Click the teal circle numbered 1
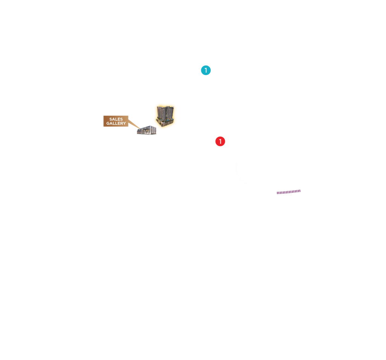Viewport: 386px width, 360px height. pyautogui.click(x=206, y=70)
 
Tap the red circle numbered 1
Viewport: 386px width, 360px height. pyautogui.click(x=220, y=142)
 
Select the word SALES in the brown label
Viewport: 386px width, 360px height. pyautogui.click(x=116, y=119)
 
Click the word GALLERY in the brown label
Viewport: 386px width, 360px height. pyautogui.click(x=116, y=124)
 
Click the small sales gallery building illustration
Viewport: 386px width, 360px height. pyautogui.click(x=146, y=130)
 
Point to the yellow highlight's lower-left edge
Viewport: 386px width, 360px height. pyautogui.click(x=155, y=124)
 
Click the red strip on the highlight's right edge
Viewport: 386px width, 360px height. pyautogui.click(x=176, y=115)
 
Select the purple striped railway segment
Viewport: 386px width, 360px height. pyautogui.click(x=289, y=192)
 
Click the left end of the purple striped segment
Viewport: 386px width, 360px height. pyautogui.click(x=278, y=193)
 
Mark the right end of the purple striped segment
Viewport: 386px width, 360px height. pyautogui.click(x=299, y=191)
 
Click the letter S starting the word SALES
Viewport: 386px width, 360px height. pyautogui.click(x=111, y=119)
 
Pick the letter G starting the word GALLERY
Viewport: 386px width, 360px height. pyautogui.click(x=108, y=124)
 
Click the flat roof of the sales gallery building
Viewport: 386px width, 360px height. pyautogui.click(x=147, y=127)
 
